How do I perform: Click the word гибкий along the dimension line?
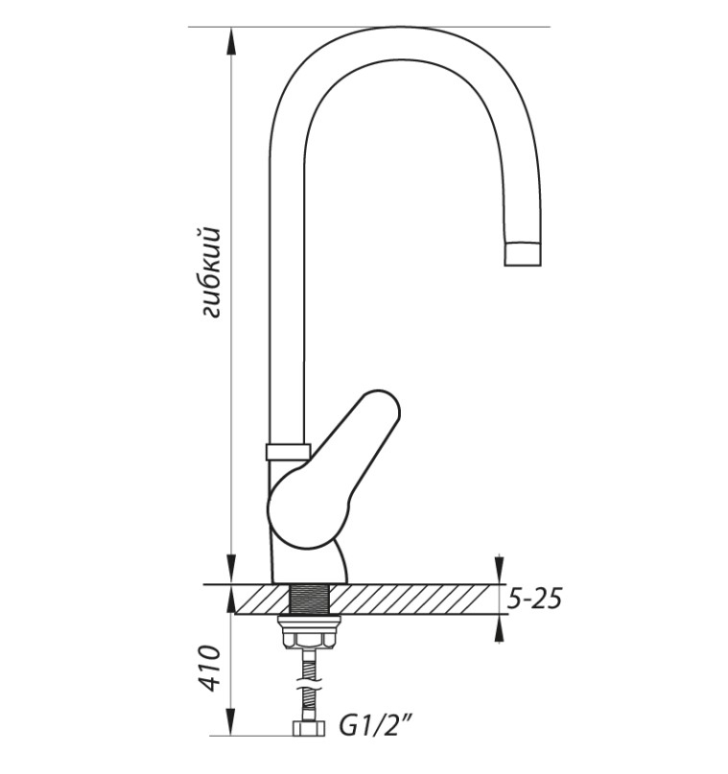(211, 272)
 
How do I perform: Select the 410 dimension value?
(210, 668)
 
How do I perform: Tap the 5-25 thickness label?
(535, 599)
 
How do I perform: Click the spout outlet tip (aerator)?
(523, 254)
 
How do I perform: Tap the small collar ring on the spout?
(288, 452)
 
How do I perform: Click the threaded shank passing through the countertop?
(309, 599)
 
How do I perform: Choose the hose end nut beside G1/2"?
(309, 728)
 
